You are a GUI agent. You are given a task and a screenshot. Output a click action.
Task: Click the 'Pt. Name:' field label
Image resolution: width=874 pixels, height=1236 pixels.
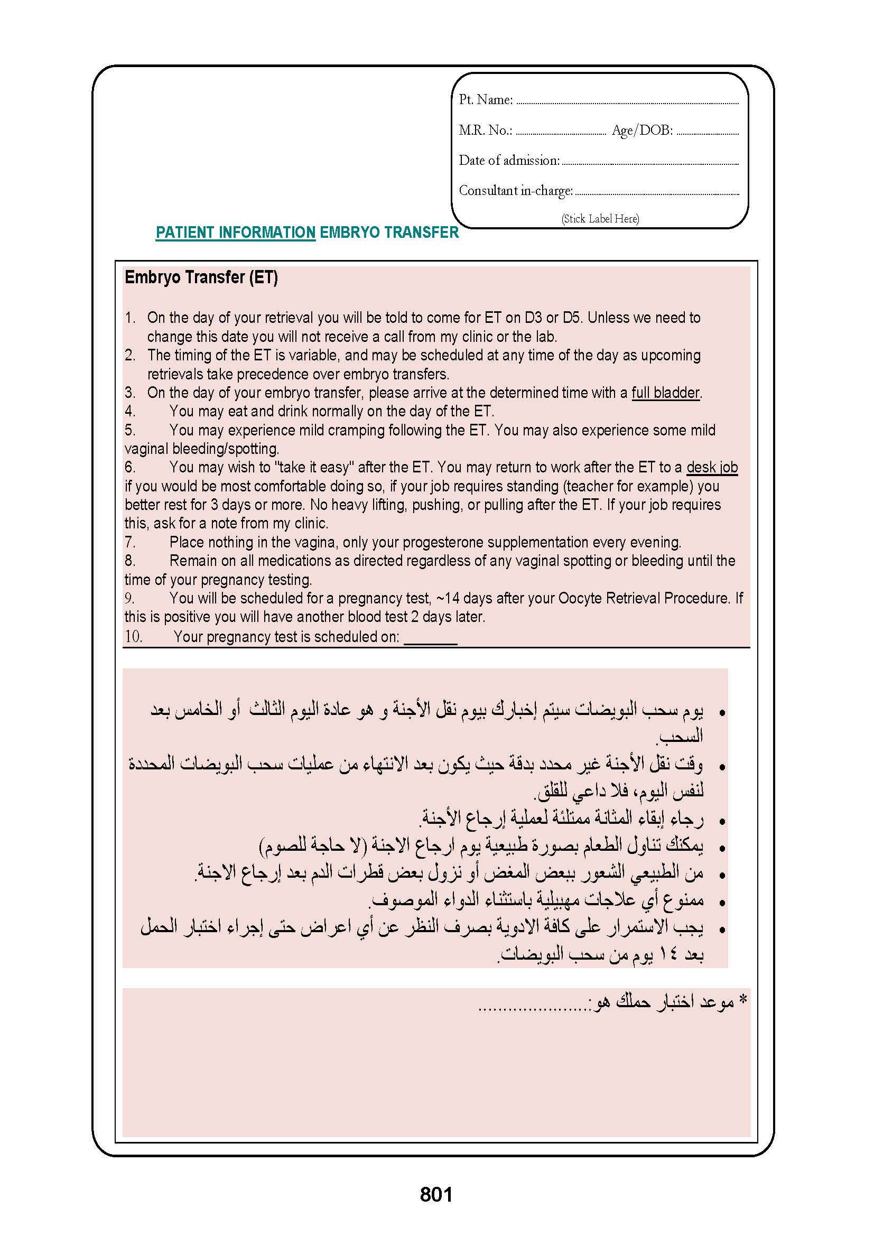tap(486, 99)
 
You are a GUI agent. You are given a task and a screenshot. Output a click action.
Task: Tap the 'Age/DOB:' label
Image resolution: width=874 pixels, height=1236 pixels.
tap(642, 131)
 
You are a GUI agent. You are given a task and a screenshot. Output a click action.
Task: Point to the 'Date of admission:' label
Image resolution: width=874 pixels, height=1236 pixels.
tap(509, 161)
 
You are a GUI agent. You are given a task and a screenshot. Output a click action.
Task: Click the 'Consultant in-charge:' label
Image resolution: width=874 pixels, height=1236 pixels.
tap(516, 191)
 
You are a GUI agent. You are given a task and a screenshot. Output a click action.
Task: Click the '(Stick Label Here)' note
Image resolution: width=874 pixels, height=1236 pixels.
tap(600, 219)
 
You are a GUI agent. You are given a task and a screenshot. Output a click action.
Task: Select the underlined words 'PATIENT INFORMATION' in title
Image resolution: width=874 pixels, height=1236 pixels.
tap(235, 233)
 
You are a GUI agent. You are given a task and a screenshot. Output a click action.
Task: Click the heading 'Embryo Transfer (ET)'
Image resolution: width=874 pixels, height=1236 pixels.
tap(201, 277)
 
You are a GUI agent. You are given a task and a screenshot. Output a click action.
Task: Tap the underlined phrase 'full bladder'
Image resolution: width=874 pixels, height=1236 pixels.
tap(665, 393)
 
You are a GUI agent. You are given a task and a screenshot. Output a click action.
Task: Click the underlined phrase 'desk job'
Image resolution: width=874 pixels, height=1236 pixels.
tap(712, 467)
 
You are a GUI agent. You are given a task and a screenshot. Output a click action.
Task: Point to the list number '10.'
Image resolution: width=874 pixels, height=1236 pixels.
tap(134, 636)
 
